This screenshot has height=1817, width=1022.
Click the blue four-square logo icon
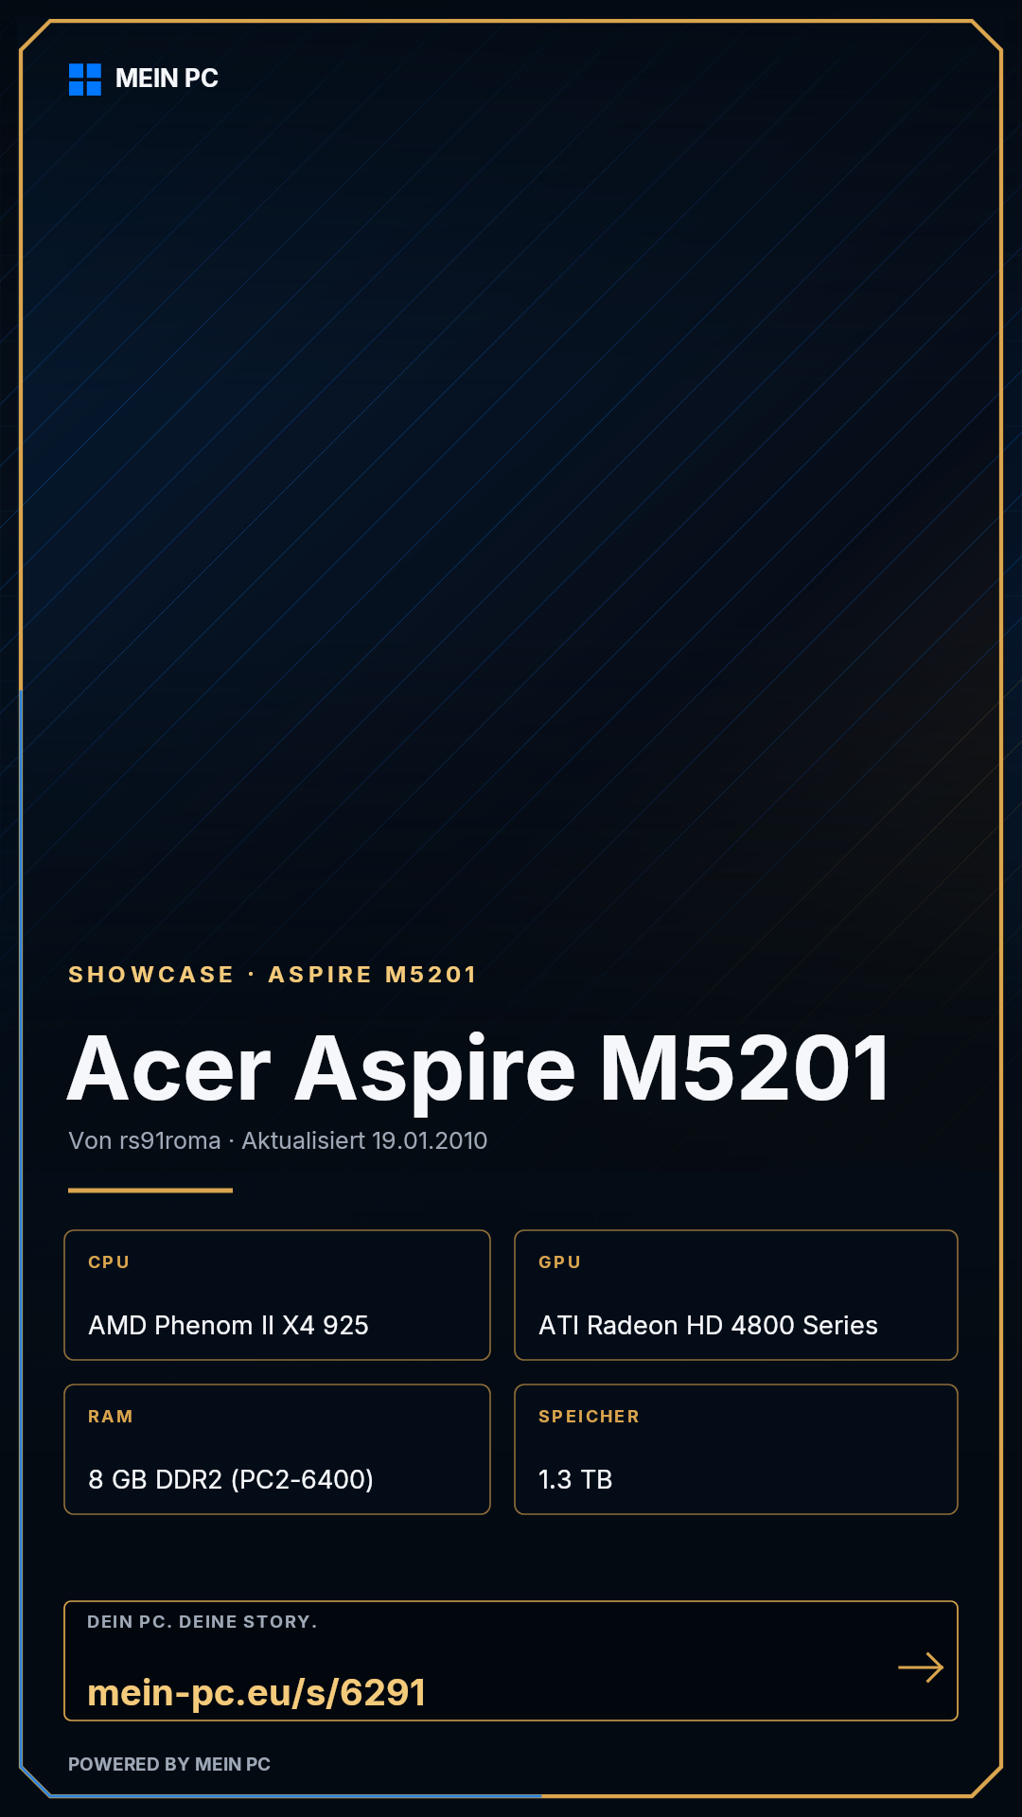85,79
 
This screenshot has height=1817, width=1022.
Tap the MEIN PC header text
167,79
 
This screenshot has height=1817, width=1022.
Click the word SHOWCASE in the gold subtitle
151,975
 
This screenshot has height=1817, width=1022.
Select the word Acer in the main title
169,1069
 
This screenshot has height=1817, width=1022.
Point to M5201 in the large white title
745,1069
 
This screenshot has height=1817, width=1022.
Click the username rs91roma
170,1140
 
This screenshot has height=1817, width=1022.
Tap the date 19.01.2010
430,1140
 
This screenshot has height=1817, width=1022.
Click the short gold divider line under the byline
150,1191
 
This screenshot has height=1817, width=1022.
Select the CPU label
109,1262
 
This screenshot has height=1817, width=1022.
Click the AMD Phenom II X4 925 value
228,1325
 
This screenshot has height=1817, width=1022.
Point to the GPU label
559,1262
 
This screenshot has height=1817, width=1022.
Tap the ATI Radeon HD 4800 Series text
708,1325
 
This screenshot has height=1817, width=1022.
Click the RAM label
111,1417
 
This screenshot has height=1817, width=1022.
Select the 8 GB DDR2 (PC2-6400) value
231,1479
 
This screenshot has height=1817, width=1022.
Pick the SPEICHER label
589,1417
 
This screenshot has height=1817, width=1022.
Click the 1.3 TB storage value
575,1479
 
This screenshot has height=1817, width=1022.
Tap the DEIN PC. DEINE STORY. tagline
203,1622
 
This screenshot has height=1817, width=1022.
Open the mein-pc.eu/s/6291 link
256,1693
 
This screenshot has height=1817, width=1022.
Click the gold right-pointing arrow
921,1667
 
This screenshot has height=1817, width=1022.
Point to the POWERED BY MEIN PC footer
169,1764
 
